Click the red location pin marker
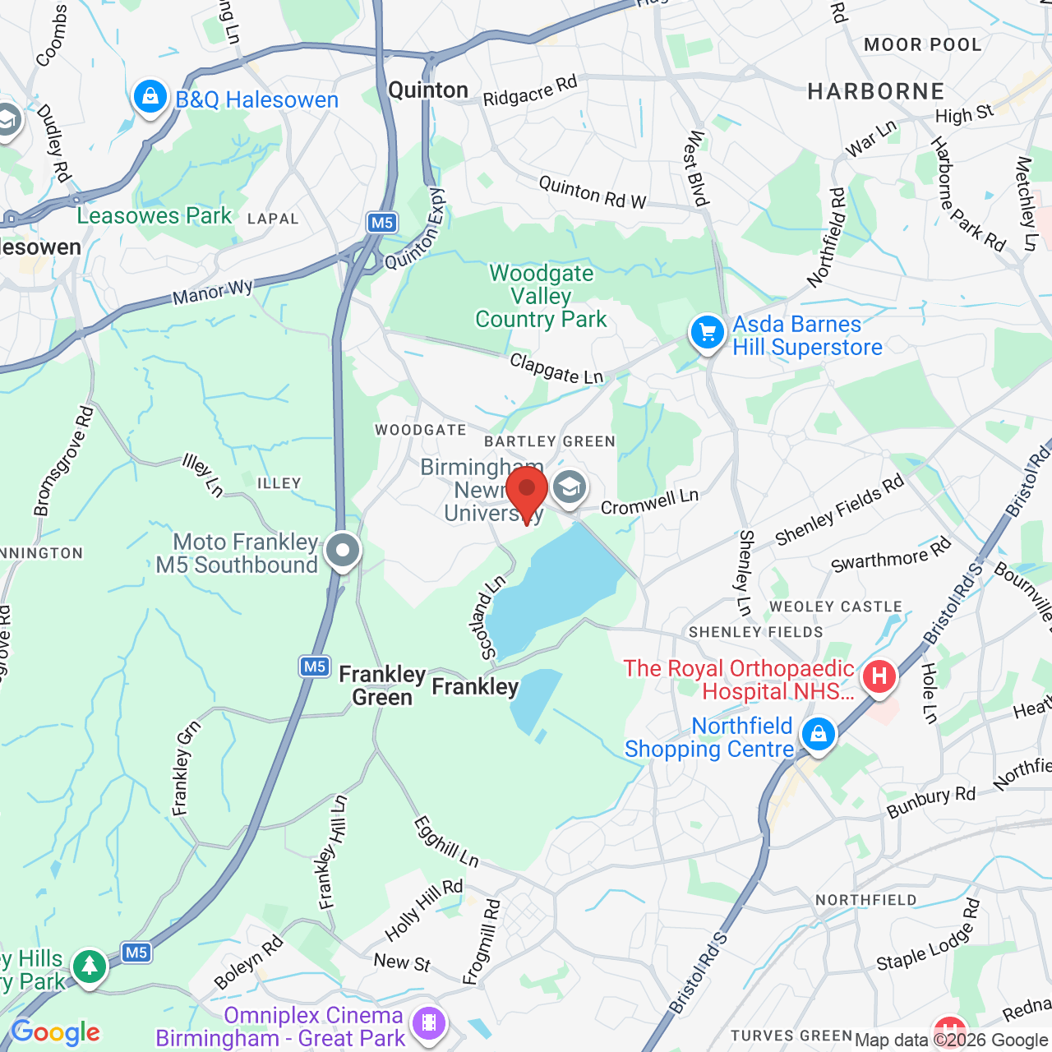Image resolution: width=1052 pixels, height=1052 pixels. point(527,491)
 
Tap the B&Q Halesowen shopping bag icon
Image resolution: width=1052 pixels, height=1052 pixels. point(150,99)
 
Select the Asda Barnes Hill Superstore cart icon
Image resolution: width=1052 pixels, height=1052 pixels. point(707,334)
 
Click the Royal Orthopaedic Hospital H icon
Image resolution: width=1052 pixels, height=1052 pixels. point(879,677)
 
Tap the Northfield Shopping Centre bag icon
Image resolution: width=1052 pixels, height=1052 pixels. point(818,734)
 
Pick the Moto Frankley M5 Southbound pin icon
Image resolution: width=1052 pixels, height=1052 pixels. point(343,551)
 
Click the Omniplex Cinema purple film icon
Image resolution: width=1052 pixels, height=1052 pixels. point(429,1024)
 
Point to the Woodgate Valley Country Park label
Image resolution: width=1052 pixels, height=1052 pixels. point(541,296)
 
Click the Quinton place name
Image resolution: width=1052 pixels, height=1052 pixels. point(428,90)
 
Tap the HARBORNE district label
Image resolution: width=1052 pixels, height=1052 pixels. point(876,91)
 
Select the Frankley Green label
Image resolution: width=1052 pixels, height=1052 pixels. point(382,685)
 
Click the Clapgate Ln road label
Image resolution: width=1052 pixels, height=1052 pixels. point(556,368)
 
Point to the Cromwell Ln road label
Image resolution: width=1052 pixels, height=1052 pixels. point(649,501)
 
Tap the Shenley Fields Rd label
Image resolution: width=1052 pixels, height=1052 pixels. point(839,510)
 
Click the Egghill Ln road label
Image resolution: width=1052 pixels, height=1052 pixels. point(445,841)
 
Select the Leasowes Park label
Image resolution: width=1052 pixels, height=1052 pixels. point(155,216)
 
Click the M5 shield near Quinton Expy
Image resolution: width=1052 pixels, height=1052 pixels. point(382,223)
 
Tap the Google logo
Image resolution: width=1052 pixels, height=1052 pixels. point(56,1032)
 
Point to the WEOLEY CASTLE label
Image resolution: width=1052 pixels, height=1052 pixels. point(836,607)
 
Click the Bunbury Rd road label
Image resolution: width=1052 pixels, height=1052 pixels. point(930,802)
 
